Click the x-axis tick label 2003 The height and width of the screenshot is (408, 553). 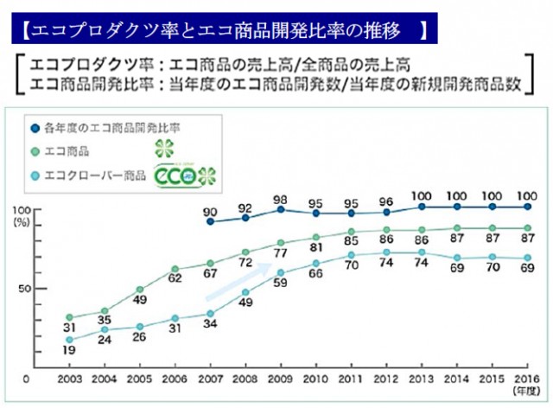(70, 379)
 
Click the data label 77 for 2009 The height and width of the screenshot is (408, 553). (281, 254)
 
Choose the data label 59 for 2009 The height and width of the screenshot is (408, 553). (281, 283)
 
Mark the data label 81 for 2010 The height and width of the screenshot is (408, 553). (316, 247)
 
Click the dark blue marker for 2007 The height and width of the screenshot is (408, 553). (210, 221)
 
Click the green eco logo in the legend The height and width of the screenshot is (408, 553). (185, 174)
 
